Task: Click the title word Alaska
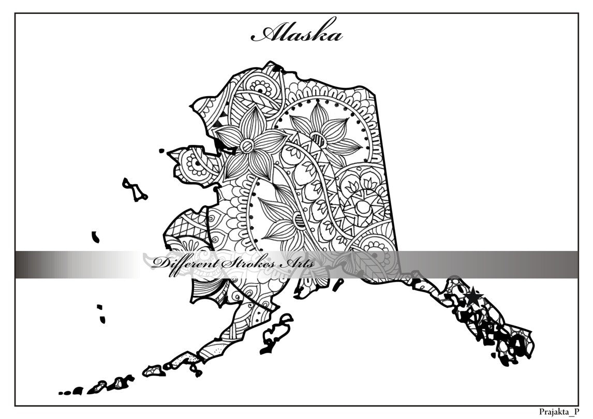(297, 34)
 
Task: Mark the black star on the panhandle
(473, 297)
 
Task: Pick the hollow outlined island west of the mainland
(134, 190)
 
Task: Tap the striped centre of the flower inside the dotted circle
(319, 139)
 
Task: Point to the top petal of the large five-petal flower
(254, 118)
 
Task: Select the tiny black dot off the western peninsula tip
(161, 151)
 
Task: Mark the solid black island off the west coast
(96, 237)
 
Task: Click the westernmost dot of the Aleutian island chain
(61, 393)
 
